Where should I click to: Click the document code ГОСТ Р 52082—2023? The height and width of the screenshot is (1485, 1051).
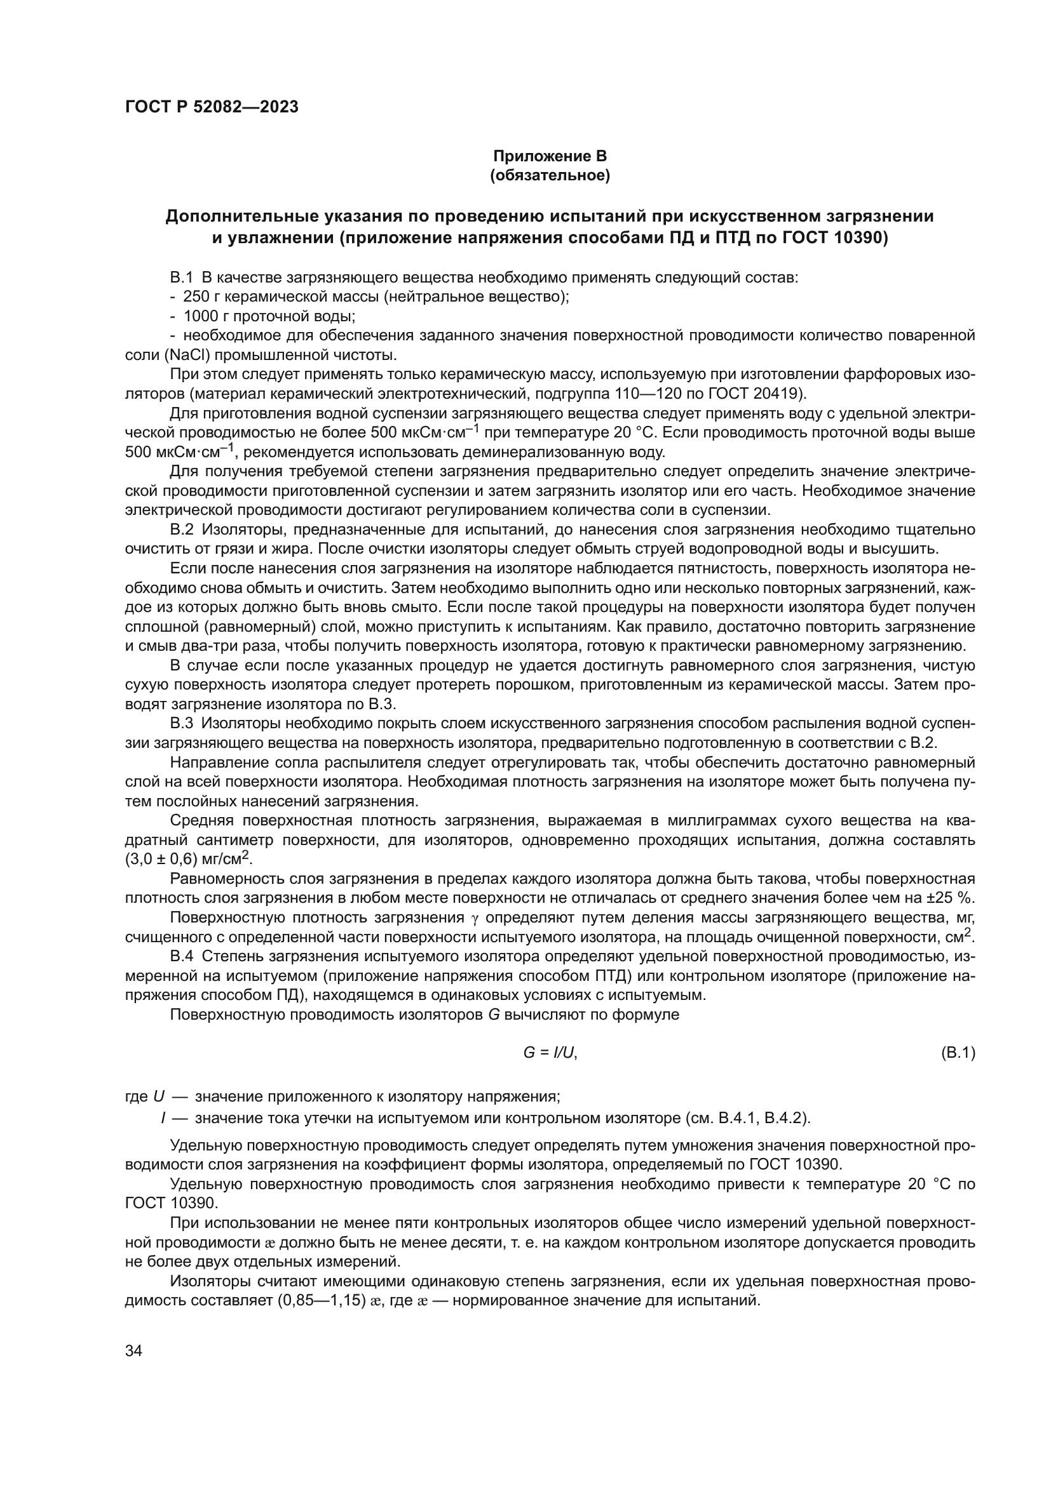pyautogui.click(x=212, y=107)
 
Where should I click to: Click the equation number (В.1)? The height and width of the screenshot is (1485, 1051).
pyautogui.click(x=957, y=1053)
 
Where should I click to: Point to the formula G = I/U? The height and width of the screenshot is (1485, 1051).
pyautogui.click(x=550, y=1053)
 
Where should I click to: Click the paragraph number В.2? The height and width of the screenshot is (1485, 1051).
pyautogui.click(x=182, y=529)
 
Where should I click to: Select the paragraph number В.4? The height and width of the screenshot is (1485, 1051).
pyautogui.click(x=182, y=957)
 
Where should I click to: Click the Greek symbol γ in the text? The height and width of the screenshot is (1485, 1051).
pyautogui.click(x=478, y=919)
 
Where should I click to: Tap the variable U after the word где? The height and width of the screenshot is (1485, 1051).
pyautogui.click(x=159, y=1097)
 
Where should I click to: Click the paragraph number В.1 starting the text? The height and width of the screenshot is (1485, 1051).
pyautogui.click(x=182, y=278)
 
